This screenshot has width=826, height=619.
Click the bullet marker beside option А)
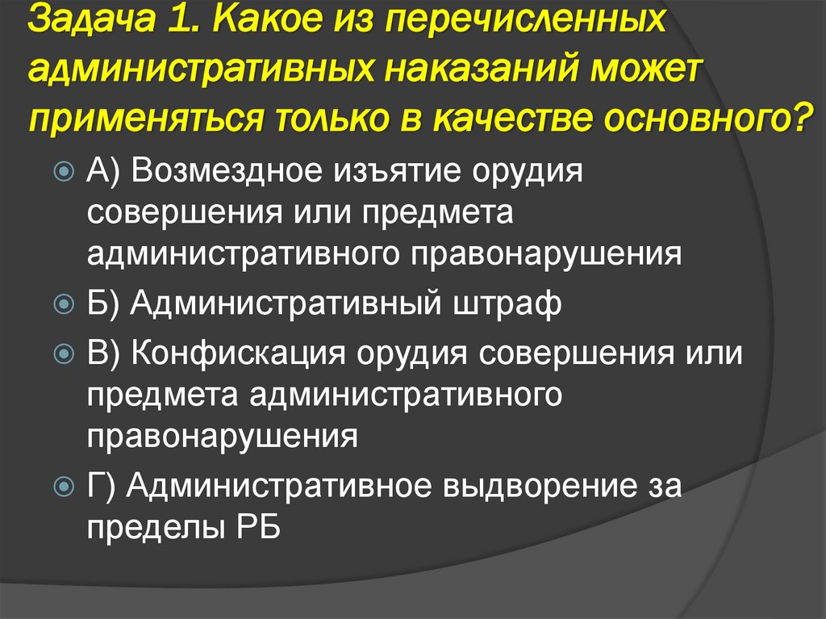[66, 172]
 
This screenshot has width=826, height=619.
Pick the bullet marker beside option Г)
[66, 487]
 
